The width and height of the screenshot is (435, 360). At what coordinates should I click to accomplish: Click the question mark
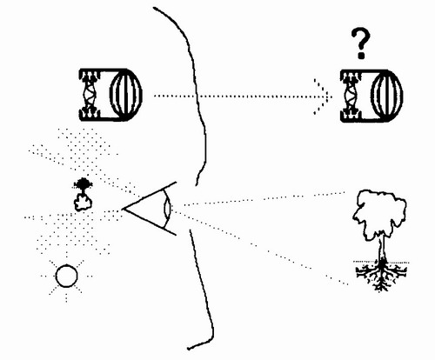[x=361, y=43]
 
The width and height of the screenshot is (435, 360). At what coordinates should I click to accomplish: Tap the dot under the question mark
[x=361, y=56]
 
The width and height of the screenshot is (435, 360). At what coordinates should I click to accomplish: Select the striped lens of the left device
[x=126, y=94]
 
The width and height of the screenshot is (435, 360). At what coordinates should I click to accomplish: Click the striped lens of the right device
[x=387, y=96]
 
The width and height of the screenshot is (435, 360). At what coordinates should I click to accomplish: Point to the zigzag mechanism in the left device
[x=89, y=95]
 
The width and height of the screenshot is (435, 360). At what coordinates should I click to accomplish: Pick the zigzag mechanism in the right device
[x=350, y=96]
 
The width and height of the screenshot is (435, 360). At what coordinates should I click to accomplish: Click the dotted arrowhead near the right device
[x=323, y=97]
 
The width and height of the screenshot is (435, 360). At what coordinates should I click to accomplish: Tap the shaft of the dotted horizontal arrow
[x=241, y=96]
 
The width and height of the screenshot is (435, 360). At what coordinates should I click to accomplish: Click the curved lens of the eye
[x=168, y=208]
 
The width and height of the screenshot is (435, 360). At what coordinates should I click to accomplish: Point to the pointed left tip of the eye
[x=124, y=209]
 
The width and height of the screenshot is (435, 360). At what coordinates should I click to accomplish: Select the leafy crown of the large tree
[x=378, y=213]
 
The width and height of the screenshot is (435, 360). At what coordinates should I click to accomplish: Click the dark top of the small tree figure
[x=84, y=183]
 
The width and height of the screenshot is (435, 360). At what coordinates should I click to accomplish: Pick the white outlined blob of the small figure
[x=83, y=202]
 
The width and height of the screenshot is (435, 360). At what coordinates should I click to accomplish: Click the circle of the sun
[x=66, y=276]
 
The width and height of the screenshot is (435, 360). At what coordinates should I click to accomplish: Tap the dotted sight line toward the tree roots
[x=261, y=246]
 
